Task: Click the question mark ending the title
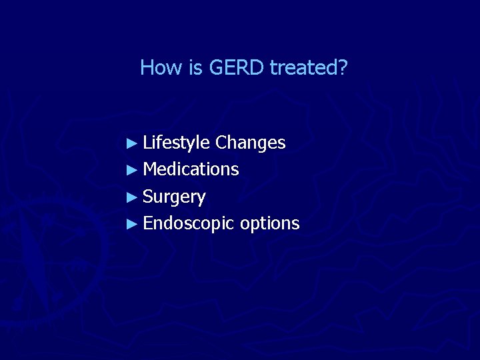343,67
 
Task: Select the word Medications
191,169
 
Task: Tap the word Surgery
174,197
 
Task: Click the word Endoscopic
189,224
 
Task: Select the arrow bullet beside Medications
133,169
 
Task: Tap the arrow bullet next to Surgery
133,197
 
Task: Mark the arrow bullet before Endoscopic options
133,223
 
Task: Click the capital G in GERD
215,67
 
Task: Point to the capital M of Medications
150,169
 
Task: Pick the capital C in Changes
221,143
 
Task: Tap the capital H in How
147,67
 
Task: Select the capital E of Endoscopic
147,223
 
